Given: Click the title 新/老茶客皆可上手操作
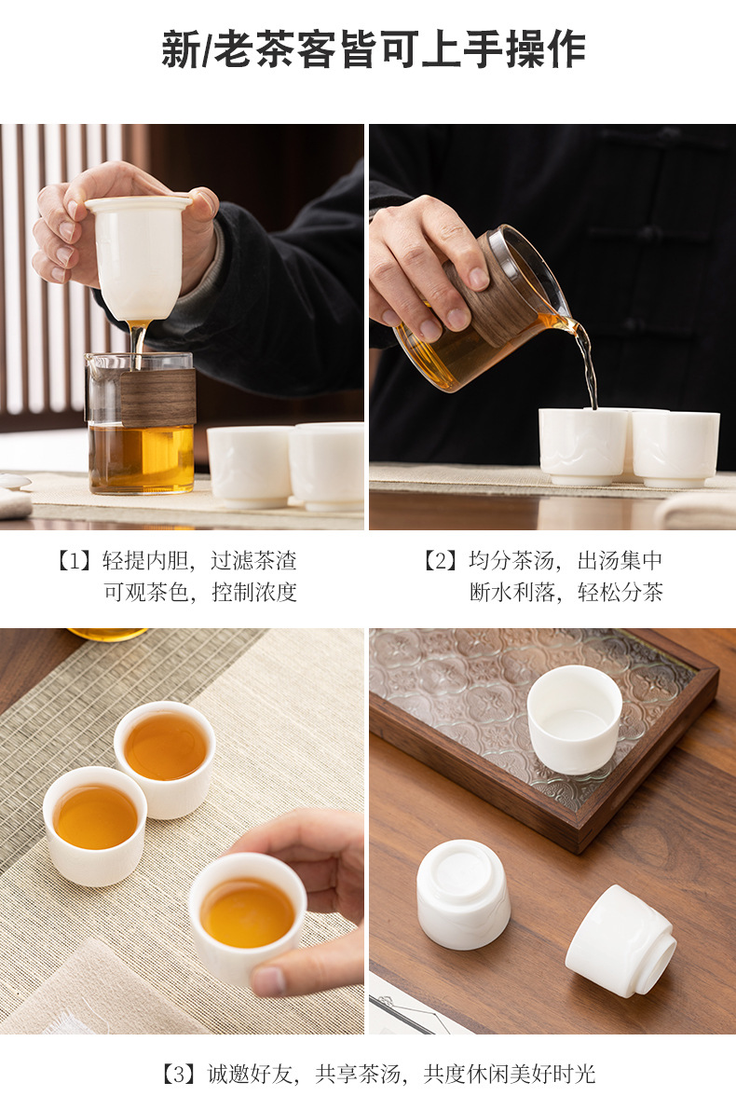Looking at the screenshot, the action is [x=374, y=49].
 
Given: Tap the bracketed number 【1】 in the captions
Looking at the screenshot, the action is [x=74, y=561].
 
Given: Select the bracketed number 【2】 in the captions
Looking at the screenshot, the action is [x=440, y=561].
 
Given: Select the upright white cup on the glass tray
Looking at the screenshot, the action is [x=574, y=719].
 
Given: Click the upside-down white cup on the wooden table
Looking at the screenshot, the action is [x=463, y=894].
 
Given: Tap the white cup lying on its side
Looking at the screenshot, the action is [x=620, y=941].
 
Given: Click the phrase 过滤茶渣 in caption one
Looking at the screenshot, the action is [x=253, y=561].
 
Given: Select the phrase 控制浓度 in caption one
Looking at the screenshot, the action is [x=253, y=592].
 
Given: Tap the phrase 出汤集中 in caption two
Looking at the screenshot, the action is [x=620, y=561].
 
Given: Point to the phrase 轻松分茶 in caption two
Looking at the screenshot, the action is [x=620, y=592].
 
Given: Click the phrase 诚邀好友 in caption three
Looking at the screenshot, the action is [x=251, y=1074].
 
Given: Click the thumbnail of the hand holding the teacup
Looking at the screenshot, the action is [x=182, y=831].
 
